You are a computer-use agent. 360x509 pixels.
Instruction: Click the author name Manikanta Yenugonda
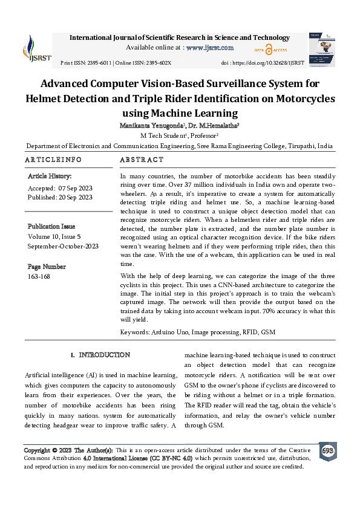155,125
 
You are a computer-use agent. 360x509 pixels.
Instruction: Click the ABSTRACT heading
142,160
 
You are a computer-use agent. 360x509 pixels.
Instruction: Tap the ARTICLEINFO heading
53,160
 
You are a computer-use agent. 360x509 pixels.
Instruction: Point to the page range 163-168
39,276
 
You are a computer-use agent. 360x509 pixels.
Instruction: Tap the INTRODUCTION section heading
104,355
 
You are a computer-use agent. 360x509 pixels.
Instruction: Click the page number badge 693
327,452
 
